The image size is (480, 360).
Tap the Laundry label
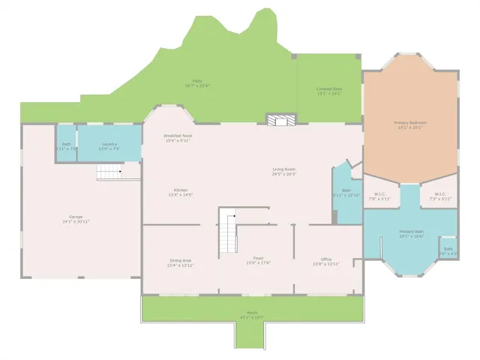click(x=108, y=145)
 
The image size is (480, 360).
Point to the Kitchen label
click(x=181, y=192)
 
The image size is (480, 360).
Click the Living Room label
click(x=284, y=172)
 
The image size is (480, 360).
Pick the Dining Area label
click(x=181, y=262)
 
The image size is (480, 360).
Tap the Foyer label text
click(x=258, y=260)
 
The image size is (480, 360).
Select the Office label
click(x=326, y=262)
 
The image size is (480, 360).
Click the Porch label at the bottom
click(x=252, y=315)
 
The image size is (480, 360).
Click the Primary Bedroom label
click(x=410, y=124)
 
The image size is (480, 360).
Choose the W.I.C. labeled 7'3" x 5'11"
click(x=440, y=196)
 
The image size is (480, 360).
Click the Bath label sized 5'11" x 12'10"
click(x=346, y=193)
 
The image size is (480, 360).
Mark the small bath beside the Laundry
click(x=66, y=145)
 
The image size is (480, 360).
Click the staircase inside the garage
click(x=109, y=173)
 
